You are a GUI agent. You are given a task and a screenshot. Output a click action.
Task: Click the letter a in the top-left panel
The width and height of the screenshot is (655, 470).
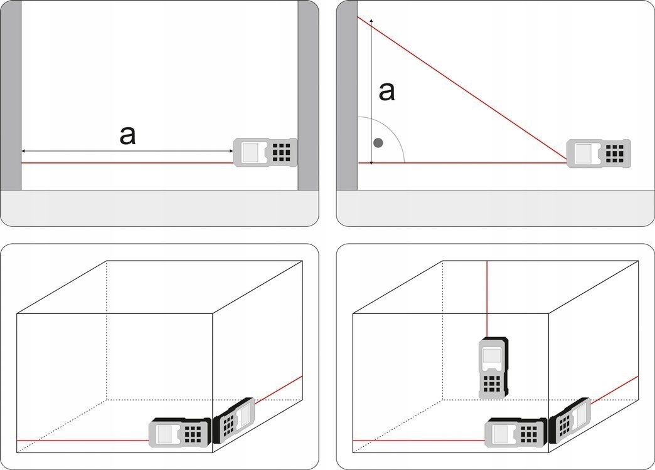(x=127, y=135)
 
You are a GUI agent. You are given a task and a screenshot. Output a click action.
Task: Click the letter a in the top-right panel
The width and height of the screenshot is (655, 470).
(x=387, y=91)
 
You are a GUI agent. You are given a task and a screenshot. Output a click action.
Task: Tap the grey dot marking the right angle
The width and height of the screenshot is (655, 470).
(x=378, y=143)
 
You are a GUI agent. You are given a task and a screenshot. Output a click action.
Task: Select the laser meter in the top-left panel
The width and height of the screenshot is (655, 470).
(x=265, y=152)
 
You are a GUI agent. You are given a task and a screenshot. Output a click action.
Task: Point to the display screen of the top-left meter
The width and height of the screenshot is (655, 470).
(x=253, y=152)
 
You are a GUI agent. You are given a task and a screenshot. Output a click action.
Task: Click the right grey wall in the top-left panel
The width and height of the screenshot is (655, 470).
(x=307, y=94)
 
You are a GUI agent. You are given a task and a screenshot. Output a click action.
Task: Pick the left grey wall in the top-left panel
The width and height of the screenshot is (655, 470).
(x=11, y=94)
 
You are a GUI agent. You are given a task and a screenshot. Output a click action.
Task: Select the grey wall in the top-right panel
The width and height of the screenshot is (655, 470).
(x=347, y=94)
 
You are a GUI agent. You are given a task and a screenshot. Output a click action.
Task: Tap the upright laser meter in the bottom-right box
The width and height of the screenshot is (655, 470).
(x=492, y=368)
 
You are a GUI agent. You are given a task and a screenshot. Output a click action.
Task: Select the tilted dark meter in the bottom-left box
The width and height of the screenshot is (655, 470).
(x=235, y=420)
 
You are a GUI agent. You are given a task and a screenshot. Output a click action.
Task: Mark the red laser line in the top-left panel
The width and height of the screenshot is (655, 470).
(x=125, y=163)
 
